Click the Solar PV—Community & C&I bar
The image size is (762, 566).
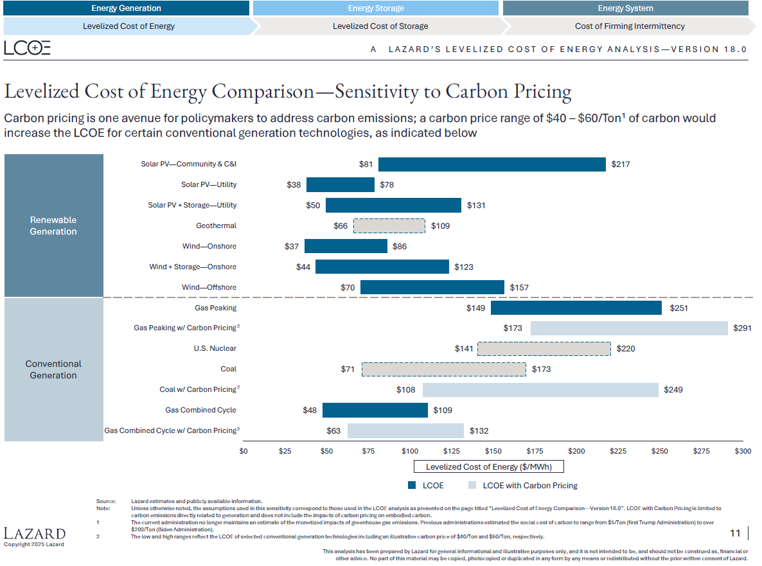492,164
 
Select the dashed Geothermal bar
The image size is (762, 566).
389,226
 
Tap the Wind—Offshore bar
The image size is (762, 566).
432,288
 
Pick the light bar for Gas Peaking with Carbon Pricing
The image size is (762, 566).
629,328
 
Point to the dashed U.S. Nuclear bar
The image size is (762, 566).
544,349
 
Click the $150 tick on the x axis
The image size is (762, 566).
493,452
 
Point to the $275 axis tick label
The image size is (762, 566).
701,452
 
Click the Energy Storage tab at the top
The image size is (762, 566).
376,8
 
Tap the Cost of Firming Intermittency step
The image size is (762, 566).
629,26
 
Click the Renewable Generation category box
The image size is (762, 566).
53,226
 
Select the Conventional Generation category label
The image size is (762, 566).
53,369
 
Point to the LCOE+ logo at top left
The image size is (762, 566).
27,48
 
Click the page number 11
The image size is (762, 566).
735,533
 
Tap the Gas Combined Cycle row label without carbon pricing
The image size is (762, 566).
200,411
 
